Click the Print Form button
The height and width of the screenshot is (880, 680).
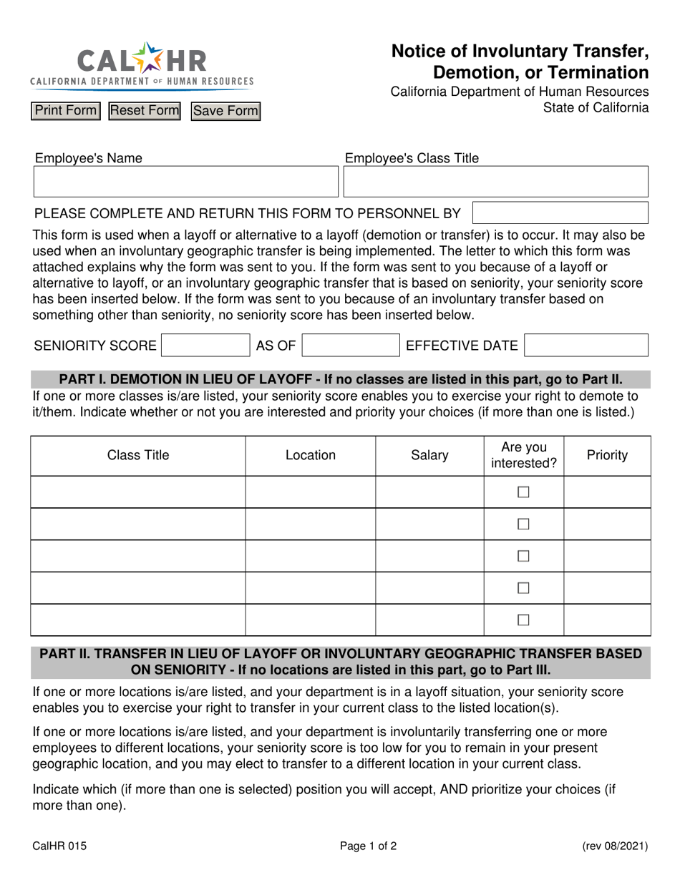[65, 111]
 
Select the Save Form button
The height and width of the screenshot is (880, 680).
[225, 111]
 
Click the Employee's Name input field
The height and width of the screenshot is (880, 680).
[185, 182]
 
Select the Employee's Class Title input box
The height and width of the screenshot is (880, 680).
[495, 182]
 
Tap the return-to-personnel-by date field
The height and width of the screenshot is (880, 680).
[560, 213]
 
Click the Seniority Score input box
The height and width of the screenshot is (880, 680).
[205, 346]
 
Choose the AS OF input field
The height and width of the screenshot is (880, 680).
[351, 346]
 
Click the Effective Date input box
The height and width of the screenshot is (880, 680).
[586, 346]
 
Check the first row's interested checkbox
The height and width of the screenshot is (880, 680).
[523, 492]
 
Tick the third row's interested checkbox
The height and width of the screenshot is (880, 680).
[523, 556]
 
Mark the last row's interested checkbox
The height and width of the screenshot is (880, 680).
[523, 620]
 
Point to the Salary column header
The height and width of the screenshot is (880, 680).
[429, 455]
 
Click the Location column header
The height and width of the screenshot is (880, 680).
[310, 455]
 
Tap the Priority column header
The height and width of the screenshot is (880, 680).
[607, 455]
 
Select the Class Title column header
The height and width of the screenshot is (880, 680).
[138, 455]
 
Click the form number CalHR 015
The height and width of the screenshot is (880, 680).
[59, 846]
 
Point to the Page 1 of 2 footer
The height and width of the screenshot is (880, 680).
[368, 846]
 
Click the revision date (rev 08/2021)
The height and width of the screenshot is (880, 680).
[615, 846]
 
